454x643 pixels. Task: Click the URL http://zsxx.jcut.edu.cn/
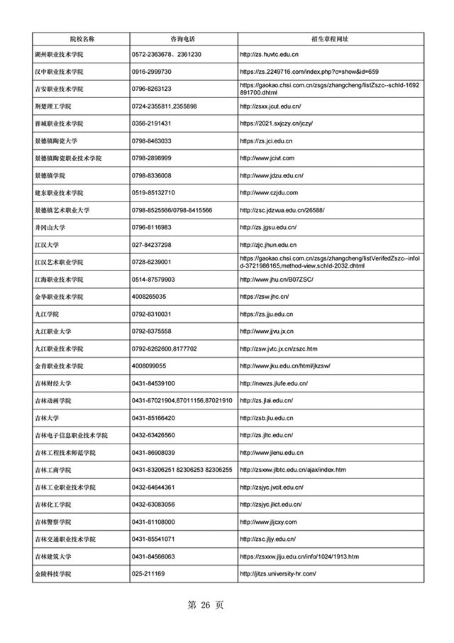pyautogui.click(x=270, y=106)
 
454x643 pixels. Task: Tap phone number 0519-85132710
pyautogui.click(x=153, y=193)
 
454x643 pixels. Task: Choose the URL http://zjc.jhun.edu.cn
pyautogui.click(x=269, y=245)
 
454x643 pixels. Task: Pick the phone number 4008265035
pyautogui.click(x=149, y=297)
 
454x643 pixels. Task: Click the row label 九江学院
pyautogui.click(x=47, y=314)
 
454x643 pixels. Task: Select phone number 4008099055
pyautogui.click(x=149, y=366)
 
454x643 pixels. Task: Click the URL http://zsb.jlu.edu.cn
pyautogui.click(x=266, y=418)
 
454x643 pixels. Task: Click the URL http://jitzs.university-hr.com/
pyautogui.click(x=277, y=573)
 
